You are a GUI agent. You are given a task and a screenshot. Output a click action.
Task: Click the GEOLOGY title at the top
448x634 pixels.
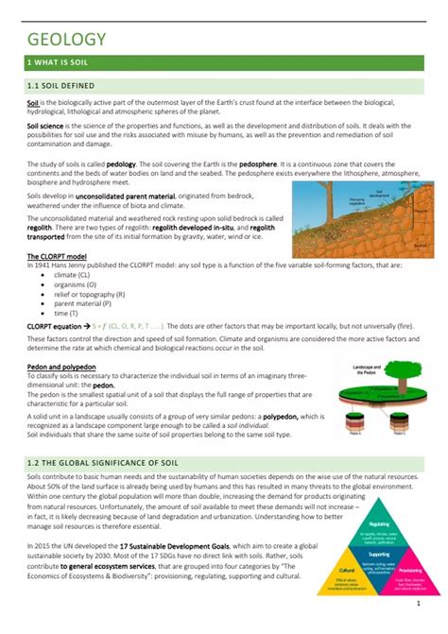[66, 41]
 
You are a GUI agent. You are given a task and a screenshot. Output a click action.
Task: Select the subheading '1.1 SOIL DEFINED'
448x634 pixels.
[61, 86]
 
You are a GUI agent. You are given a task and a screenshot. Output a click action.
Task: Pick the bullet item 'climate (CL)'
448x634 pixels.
[75, 274]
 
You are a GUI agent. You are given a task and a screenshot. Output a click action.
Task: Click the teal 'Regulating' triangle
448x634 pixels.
[380, 524]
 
